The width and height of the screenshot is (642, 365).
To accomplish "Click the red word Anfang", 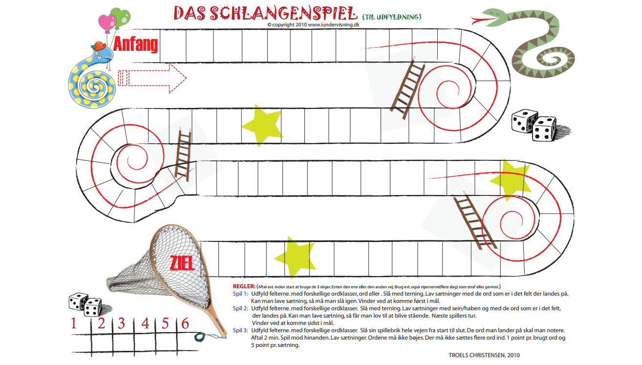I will (x=136, y=44).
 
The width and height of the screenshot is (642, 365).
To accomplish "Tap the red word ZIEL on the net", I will (x=182, y=263).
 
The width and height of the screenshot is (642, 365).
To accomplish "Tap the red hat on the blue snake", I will (x=100, y=45).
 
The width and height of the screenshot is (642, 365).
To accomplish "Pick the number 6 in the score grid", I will (x=185, y=323).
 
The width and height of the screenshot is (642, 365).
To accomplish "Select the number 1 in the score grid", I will (x=74, y=323).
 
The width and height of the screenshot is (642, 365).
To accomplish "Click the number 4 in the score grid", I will (x=145, y=323).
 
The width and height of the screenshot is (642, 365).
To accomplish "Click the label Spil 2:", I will (x=240, y=308).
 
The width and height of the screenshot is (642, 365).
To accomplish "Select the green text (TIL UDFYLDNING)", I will (x=391, y=17).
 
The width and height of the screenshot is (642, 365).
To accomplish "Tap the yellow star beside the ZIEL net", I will (x=294, y=257).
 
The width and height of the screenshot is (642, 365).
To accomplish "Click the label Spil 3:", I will (x=240, y=330).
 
